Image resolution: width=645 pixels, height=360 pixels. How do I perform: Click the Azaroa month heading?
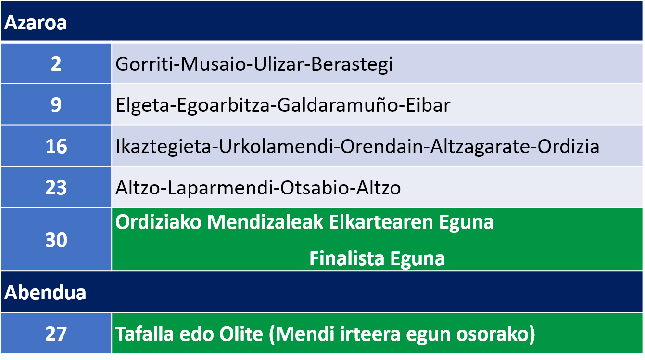click(x=36, y=23)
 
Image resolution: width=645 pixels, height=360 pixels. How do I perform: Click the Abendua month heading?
click(x=45, y=293)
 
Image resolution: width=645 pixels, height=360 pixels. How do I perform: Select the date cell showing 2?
click(x=56, y=64)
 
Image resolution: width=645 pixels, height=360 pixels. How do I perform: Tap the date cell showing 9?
click(x=56, y=104)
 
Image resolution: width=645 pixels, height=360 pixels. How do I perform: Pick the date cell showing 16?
click(x=56, y=146)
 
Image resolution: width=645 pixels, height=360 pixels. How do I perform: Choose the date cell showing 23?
click(x=56, y=187)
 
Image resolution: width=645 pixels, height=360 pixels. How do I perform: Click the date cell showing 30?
click(x=56, y=240)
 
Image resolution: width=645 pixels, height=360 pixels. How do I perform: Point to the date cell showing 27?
click(x=56, y=334)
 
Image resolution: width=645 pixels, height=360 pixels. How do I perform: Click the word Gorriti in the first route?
click(x=146, y=64)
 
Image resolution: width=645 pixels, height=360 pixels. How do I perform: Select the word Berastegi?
click(x=352, y=64)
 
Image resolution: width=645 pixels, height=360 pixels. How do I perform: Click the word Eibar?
click(x=428, y=105)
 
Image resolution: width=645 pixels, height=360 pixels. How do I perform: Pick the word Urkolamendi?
click(x=276, y=146)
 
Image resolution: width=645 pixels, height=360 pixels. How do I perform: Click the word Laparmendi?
click(x=220, y=188)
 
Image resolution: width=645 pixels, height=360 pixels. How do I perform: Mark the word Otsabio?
click(x=315, y=188)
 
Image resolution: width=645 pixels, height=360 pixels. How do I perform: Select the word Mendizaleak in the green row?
click(x=265, y=222)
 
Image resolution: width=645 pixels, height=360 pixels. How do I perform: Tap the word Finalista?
click(x=347, y=258)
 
